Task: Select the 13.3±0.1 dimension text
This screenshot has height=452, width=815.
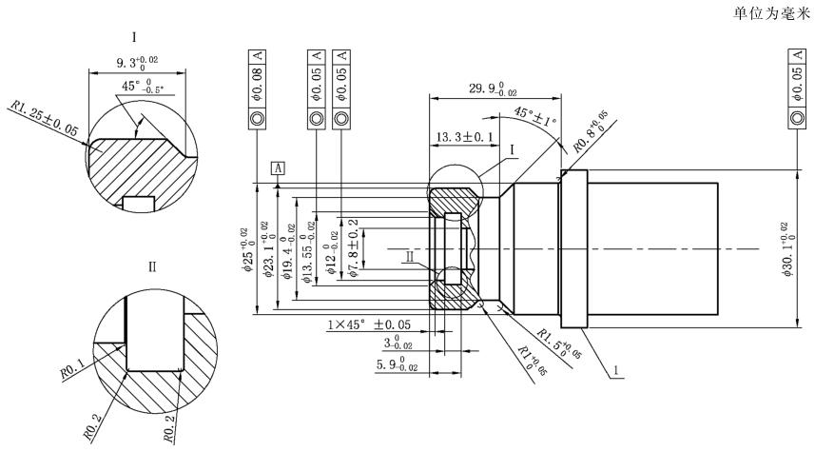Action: [x=464, y=138]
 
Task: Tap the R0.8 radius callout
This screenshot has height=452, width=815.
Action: [x=595, y=133]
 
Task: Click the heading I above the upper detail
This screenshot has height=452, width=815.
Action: [x=134, y=39]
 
